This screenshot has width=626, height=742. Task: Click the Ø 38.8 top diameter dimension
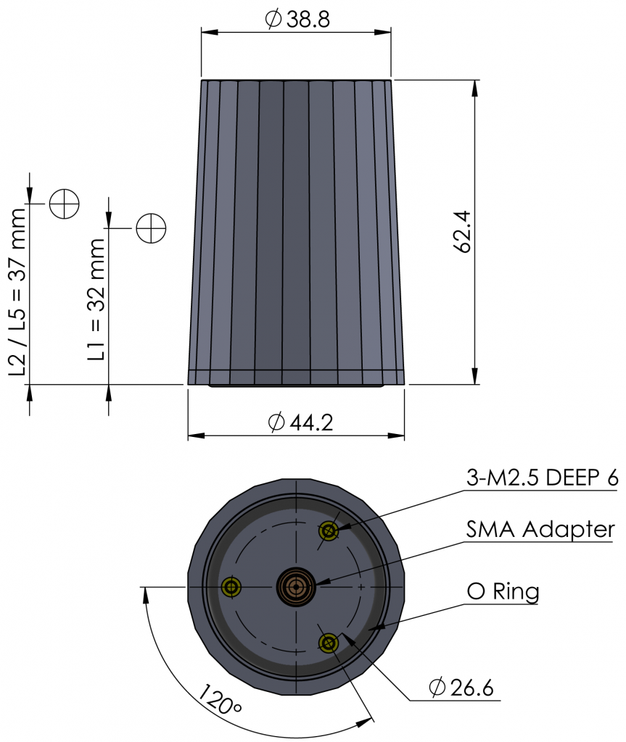pos(297,20)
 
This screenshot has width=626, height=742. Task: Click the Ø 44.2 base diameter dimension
pos(300,422)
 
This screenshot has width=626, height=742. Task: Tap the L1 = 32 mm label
pos(96,299)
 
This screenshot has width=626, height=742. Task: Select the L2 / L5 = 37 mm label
pos(17,292)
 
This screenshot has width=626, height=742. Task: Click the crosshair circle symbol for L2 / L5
pos(64,204)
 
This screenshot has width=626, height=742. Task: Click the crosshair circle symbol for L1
pos(151,228)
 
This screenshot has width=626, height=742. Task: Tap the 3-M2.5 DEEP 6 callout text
pos(542,478)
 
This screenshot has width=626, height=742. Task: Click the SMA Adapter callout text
pos(540,530)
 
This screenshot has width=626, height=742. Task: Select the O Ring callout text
pos(503,591)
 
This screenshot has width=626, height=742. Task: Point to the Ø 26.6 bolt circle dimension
pos(461,688)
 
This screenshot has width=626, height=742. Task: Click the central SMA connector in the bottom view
pos(296,587)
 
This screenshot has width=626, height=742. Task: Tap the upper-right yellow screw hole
pos(329,531)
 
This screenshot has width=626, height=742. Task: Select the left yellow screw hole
pos(231,587)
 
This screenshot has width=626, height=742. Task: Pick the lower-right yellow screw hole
pos(329,643)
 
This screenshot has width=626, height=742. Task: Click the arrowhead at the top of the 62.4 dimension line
pos(475,88)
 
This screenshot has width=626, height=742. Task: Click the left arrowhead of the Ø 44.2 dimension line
pos(197,435)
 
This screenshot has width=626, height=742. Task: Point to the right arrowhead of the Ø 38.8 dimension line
pos(382,32)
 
